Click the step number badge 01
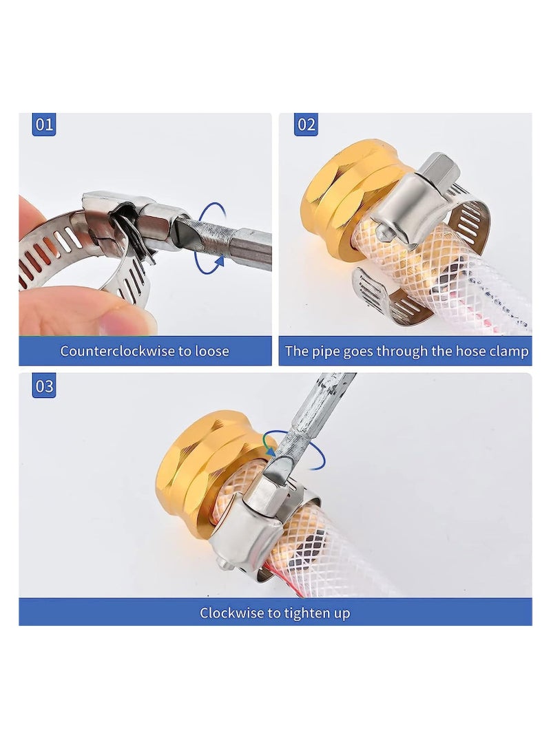click(x=44, y=125)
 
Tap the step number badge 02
click(x=306, y=125)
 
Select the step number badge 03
click(x=44, y=387)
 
